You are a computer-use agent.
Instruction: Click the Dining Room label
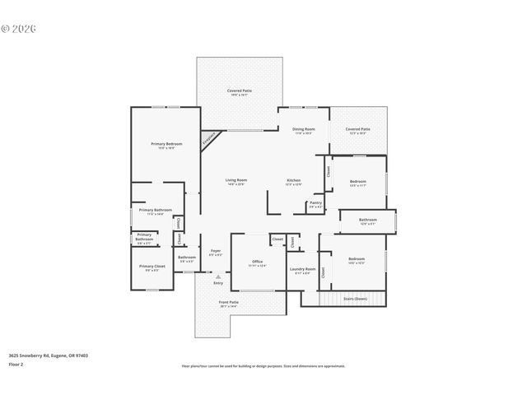[304, 129]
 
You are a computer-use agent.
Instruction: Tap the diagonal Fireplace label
[211, 139]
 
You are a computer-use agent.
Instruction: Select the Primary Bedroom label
[166, 144]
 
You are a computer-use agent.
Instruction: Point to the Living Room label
[236, 180]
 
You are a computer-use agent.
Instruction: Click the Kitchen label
[293, 180]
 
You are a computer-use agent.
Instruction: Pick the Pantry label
[315, 202]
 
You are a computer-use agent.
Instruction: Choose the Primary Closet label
[152, 267]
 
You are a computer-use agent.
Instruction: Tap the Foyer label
[215, 250]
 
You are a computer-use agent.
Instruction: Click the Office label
[258, 262]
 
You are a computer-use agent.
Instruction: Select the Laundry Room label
[302, 269]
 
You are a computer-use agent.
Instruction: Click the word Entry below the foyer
[218, 283]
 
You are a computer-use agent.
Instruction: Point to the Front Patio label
[228, 302]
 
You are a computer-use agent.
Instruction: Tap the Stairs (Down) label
[355, 298]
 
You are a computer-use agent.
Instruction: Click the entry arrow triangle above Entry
[218, 276]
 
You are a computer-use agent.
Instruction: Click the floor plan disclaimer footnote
[263, 365]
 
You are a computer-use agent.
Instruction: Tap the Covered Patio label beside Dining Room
[357, 129]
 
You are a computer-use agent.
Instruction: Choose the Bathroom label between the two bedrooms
[367, 220]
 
